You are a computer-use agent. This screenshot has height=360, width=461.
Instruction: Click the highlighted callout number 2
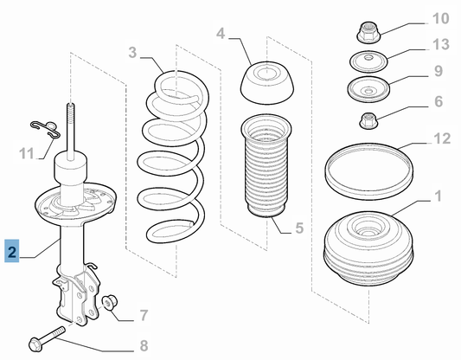[12, 251]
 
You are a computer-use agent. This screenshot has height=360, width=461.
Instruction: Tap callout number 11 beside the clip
[27, 153]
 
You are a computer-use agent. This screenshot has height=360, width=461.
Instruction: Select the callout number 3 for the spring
[132, 53]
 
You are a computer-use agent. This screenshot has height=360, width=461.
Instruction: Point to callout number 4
[221, 34]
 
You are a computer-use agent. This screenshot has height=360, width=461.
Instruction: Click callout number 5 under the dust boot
[299, 228]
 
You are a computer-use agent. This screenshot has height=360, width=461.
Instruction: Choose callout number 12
[442, 138]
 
